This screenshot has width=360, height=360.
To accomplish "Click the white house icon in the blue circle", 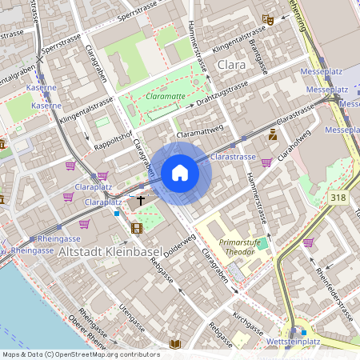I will (x=180, y=173).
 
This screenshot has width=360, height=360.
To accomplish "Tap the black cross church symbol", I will (x=142, y=201).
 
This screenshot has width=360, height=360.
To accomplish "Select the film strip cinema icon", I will (x=136, y=229).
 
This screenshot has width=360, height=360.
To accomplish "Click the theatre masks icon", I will (x=270, y=19).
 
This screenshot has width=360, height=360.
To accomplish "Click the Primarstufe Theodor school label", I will (x=239, y=246).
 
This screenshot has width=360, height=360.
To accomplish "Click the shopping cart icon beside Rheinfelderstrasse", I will (x=307, y=242).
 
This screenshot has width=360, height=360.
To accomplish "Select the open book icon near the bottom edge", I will (x=175, y=344).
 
